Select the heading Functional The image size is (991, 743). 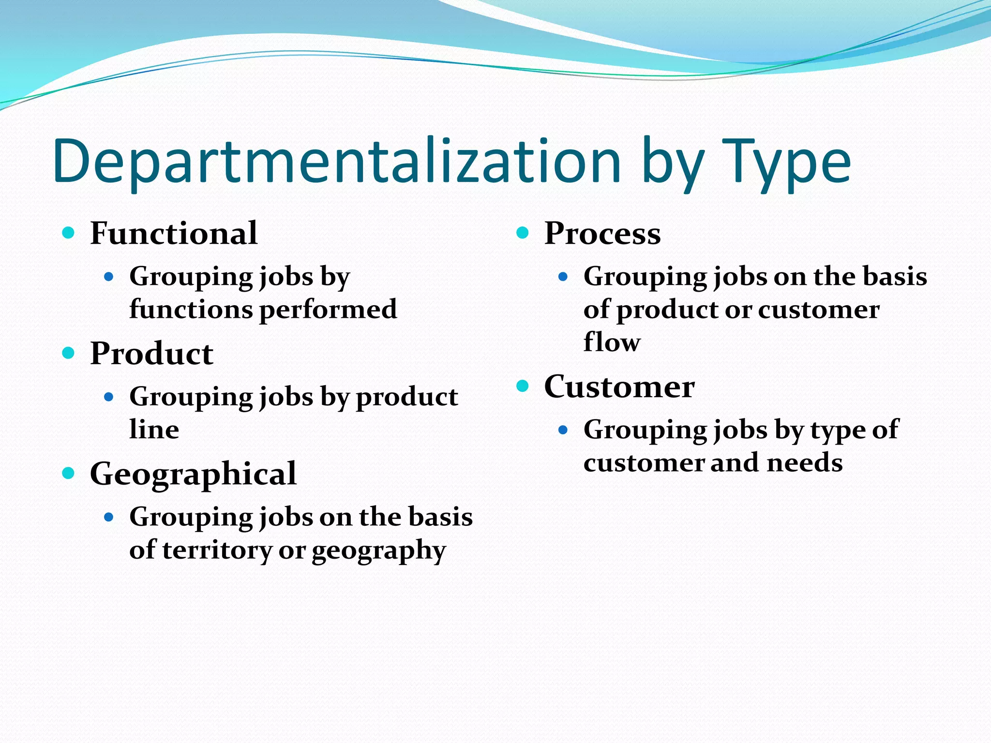click(x=174, y=234)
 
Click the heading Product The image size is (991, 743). click(x=151, y=354)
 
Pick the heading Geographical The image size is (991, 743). click(x=193, y=474)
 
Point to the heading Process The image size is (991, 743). click(x=602, y=234)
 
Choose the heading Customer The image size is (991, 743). click(x=619, y=387)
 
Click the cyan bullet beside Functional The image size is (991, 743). click(x=69, y=233)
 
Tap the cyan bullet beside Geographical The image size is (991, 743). click(x=69, y=473)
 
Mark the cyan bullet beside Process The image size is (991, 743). click(x=523, y=233)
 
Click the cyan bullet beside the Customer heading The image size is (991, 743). click(x=523, y=386)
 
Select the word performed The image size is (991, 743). click(x=329, y=310)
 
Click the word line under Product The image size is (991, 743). click(x=154, y=430)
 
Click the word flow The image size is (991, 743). click(x=612, y=342)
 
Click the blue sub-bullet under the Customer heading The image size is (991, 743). click(x=563, y=430)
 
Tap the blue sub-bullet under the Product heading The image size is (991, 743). click(x=109, y=397)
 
